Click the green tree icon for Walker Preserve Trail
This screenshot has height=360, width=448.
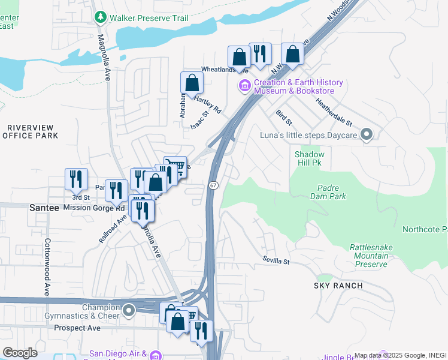(100, 18)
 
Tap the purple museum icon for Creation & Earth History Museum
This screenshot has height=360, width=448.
(244, 87)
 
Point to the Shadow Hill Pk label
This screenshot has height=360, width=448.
(310, 159)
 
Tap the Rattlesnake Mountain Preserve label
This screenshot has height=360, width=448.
(368, 256)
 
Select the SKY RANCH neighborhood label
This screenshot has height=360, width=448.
(338, 286)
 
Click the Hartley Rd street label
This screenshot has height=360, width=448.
(207, 106)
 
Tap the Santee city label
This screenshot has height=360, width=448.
(43, 208)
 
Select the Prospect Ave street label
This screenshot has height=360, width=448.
(77, 328)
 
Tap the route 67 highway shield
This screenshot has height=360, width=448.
(213, 185)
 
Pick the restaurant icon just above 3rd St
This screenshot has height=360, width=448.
(76, 178)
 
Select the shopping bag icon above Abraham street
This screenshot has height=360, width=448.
(192, 82)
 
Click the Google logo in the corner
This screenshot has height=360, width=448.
(20, 353)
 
